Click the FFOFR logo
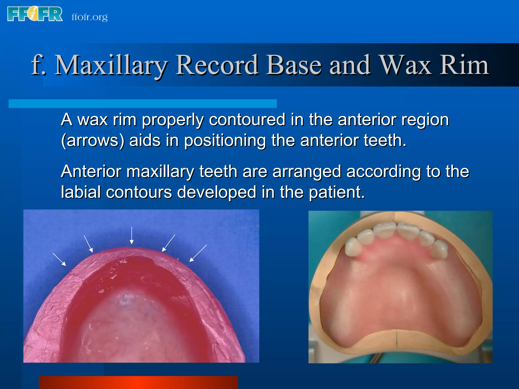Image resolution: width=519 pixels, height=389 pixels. (35, 14)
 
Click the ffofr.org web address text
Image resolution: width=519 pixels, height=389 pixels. (89, 17)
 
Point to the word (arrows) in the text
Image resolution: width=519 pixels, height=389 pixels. (93, 141)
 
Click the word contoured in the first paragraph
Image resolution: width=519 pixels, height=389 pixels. (247, 120)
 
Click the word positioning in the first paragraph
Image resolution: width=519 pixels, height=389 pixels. (225, 141)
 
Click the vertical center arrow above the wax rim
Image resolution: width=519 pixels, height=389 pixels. (132, 236)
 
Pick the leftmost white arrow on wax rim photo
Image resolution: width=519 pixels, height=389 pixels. (59, 259)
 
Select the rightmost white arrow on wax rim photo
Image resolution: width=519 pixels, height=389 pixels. (198, 253)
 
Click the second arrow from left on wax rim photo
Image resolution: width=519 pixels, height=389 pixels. (88, 244)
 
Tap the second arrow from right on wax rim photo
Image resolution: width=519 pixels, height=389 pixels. (169, 243)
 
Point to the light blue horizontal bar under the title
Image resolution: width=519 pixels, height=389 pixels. (142, 104)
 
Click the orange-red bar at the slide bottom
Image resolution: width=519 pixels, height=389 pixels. (138, 382)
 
